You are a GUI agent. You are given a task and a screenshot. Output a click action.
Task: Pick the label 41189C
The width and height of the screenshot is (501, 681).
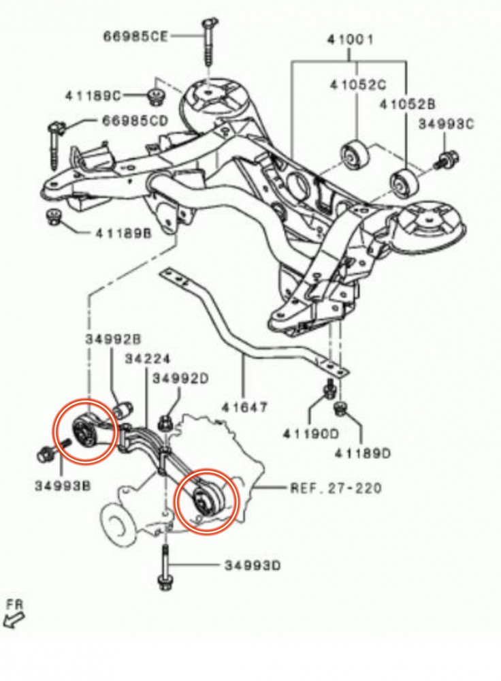coord(94,93)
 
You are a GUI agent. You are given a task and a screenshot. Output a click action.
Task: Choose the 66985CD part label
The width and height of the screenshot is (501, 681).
coord(134,121)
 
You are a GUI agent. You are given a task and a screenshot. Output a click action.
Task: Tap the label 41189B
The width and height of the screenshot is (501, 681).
coord(123,233)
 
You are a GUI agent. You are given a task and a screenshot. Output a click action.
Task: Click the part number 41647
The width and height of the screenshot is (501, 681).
coord(244,408)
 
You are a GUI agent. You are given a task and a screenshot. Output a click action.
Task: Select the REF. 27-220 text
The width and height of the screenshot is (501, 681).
coord(336,488)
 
